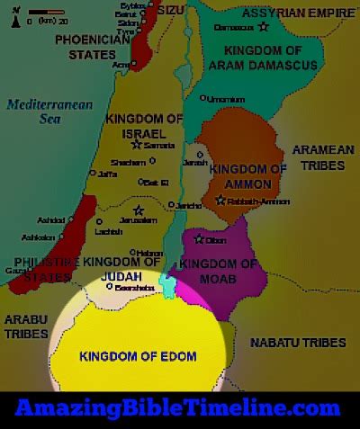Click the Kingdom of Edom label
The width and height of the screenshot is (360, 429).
click(x=138, y=356)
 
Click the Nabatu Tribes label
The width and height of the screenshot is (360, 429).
click(x=298, y=343)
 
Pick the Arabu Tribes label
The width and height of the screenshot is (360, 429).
click(x=26, y=327)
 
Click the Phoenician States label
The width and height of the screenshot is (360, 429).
click(x=92, y=47)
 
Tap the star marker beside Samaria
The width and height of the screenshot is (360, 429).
click(x=137, y=143)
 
